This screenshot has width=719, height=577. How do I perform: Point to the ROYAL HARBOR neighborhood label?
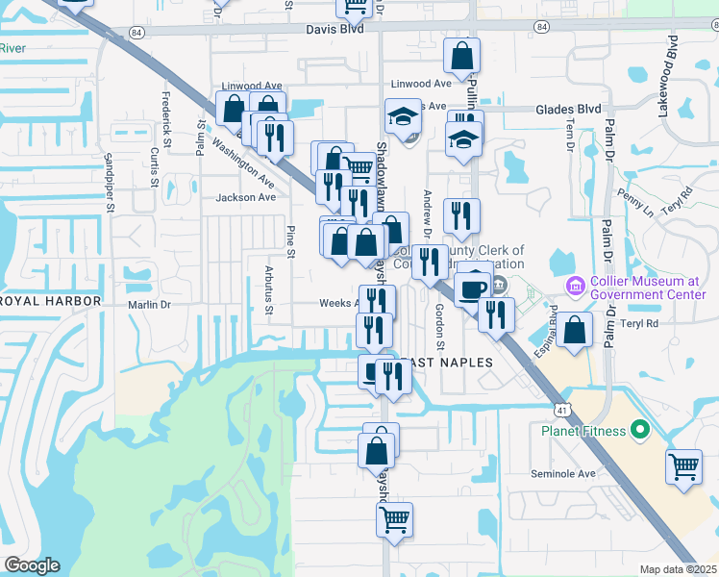pyautogui.click(x=51, y=301)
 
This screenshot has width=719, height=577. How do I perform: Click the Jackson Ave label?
pyautogui.click(x=246, y=197)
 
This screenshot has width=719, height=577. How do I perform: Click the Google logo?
pyautogui.click(x=32, y=565)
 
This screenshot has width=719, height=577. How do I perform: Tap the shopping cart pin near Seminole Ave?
pyautogui.click(x=683, y=466)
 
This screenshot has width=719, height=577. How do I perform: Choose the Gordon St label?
pyautogui.click(x=440, y=327)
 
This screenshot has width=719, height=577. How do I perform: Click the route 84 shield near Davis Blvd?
pyautogui.click(x=137, y=32)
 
